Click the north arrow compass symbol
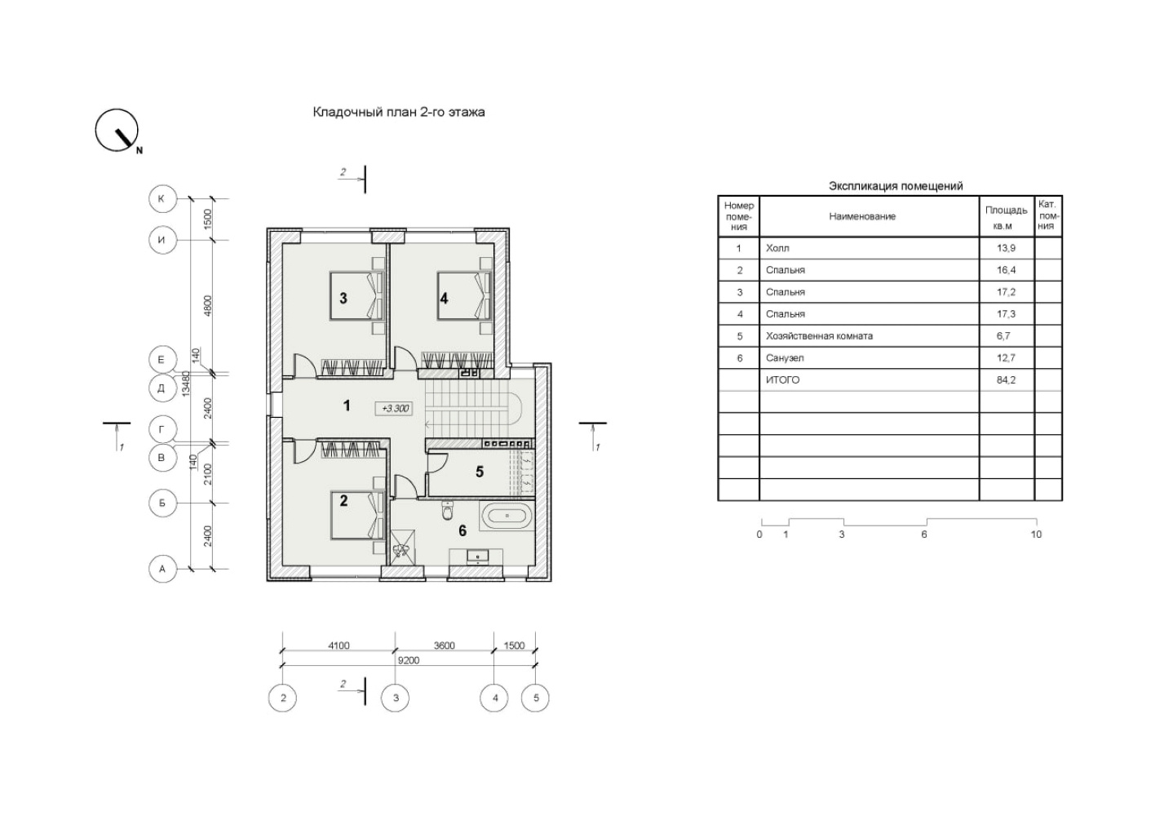click(x=117, y=131)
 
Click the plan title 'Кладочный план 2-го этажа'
click(x=399, y=112)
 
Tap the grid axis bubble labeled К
click(x=162, y=198)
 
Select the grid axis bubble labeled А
click(x=162, y=569)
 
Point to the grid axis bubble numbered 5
click(x=536, y=698)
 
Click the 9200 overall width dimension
click(x=409, y=660)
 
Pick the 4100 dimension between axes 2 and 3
click(x=339, y=645)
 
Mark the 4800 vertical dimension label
click(x=208, y=306)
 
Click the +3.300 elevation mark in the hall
click(x=395, y=409)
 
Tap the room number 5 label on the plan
click(x=480, y=472)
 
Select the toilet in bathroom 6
click(x=447, y=511)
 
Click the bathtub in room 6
click(x=507, y=516)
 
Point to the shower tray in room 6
click(x=401, y=548)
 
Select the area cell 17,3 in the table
click(x=1006, y=313)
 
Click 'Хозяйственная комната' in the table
click(x=819, y=336)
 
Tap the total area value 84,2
click(x=1006, y=380)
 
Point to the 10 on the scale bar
click(x=1036, y=534)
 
